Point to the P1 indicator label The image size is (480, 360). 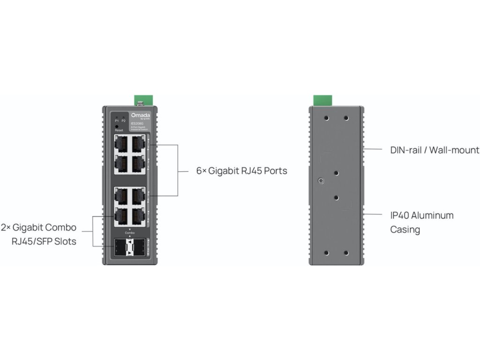[117, 120]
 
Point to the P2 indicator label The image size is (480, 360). [123, 120]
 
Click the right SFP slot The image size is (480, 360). [138, 247]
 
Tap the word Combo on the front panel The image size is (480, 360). [130, 232]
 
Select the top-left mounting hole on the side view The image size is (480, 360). [327, 118]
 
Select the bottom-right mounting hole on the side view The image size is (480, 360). [346, 253]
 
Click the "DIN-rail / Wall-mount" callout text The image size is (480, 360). [435, 150]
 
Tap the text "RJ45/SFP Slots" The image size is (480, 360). [44, 242]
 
